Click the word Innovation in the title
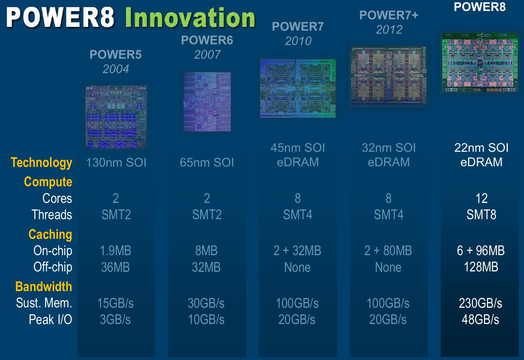(x=190, y=18)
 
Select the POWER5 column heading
(x=115, y=55)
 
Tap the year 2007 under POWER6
(x=207, y=55)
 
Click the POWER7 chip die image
(x=298, y=88)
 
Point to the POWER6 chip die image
(x=207, y=101)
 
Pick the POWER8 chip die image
(x=480, y=62)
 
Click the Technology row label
(x=41, y=163)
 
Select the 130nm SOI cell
(x=116, y=162)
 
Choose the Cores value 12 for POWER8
(x=481, y=198)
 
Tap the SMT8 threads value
(x=481, y=214)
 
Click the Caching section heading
(x=50, y=235)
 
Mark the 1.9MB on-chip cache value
(x=115, y=251)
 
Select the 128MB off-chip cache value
(x=481, y=267)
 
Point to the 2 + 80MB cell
(x=388, y=251)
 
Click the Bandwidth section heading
(x=44, y=287)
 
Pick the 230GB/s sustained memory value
(x=480, y=303)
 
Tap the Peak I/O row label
(x=51, y=319)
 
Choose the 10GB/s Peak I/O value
(x=206, y=319)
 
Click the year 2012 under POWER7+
(x=389, y=30)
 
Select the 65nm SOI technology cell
(x=207, y=162)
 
